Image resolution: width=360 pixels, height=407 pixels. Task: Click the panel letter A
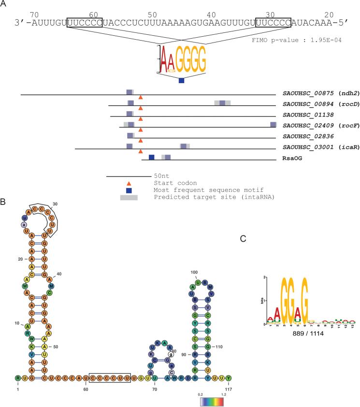(4, 4)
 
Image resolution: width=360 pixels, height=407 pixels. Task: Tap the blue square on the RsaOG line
(152, 157)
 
